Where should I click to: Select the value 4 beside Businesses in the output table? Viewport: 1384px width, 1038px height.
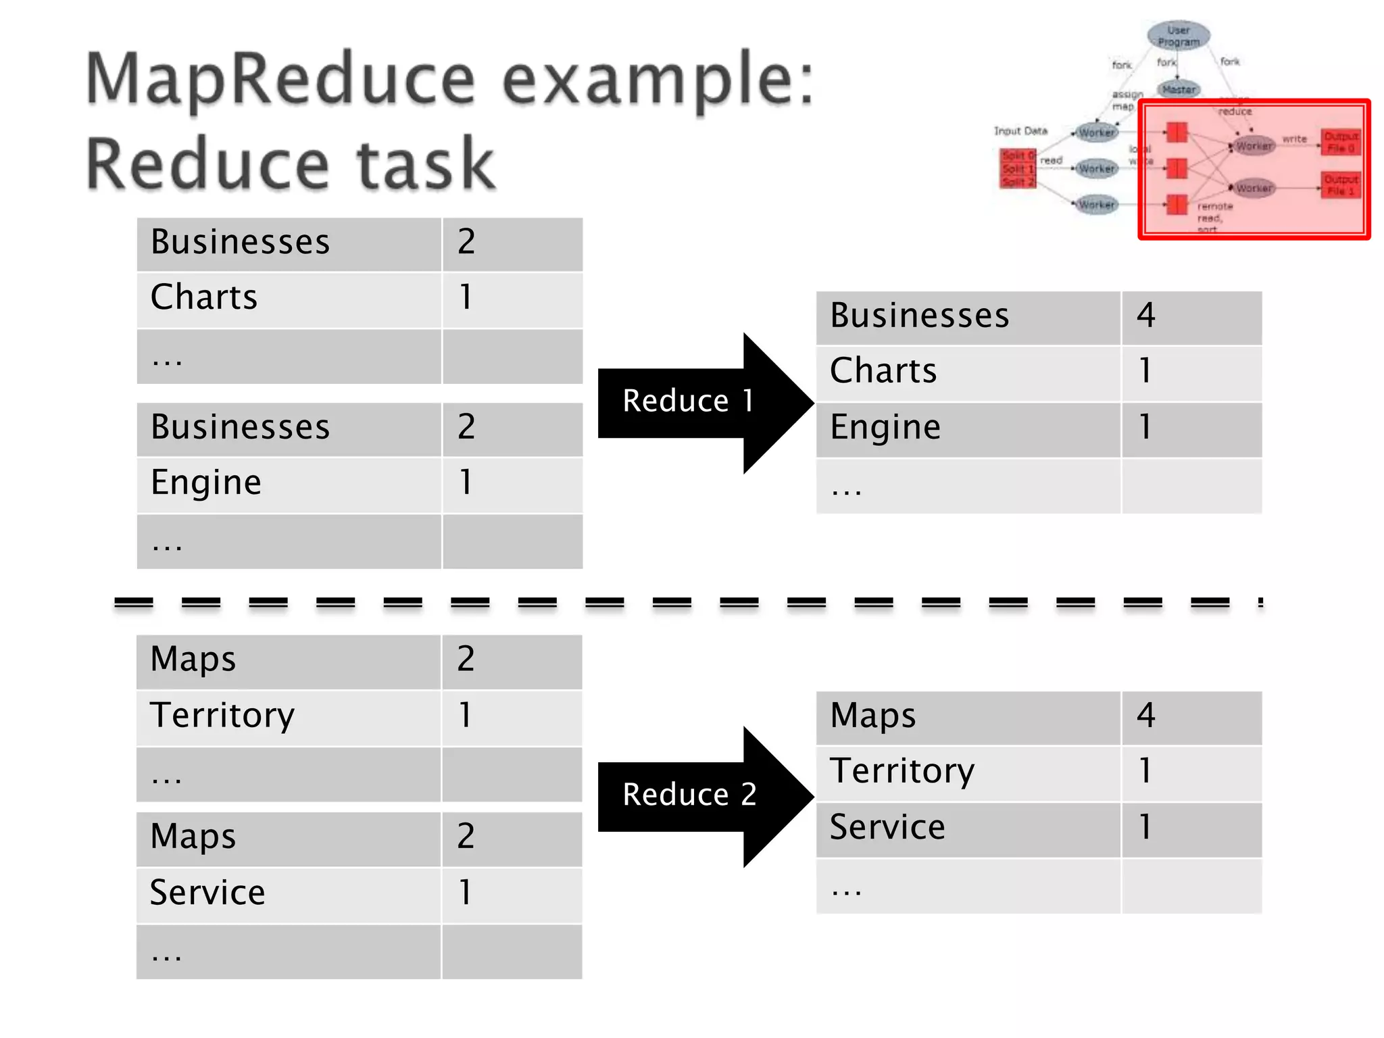(1146, 316)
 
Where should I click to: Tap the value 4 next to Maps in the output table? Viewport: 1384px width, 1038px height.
(1146, 716)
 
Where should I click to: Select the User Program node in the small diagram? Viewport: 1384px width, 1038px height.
(1179, 36)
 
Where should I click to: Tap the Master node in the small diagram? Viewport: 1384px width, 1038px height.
(1179, 89)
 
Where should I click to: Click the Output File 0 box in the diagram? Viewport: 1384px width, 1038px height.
(1341, 143)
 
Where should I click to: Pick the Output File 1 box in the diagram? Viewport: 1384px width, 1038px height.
(1341, 185)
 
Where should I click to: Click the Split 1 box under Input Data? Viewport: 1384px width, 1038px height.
(1018, 169)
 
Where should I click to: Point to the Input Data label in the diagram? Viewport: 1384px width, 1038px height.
(1020, 131)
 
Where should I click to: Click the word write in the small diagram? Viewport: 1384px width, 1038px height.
(1295, 139)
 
